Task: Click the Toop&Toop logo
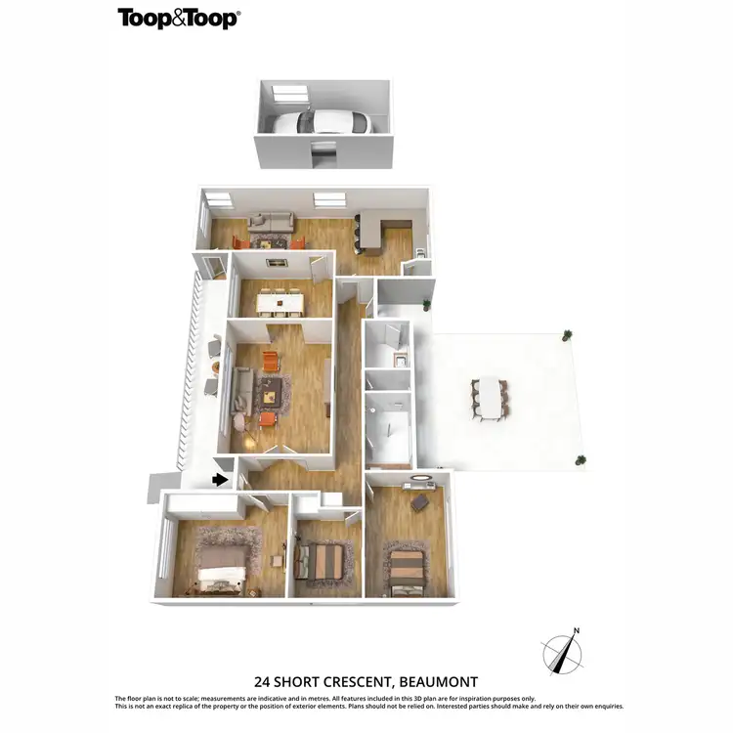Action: (x=178, y=18)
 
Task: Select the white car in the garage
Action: (x=320, y=123)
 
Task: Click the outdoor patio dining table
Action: (x=489, y=398)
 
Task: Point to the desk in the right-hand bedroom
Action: (x=419, y=501)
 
